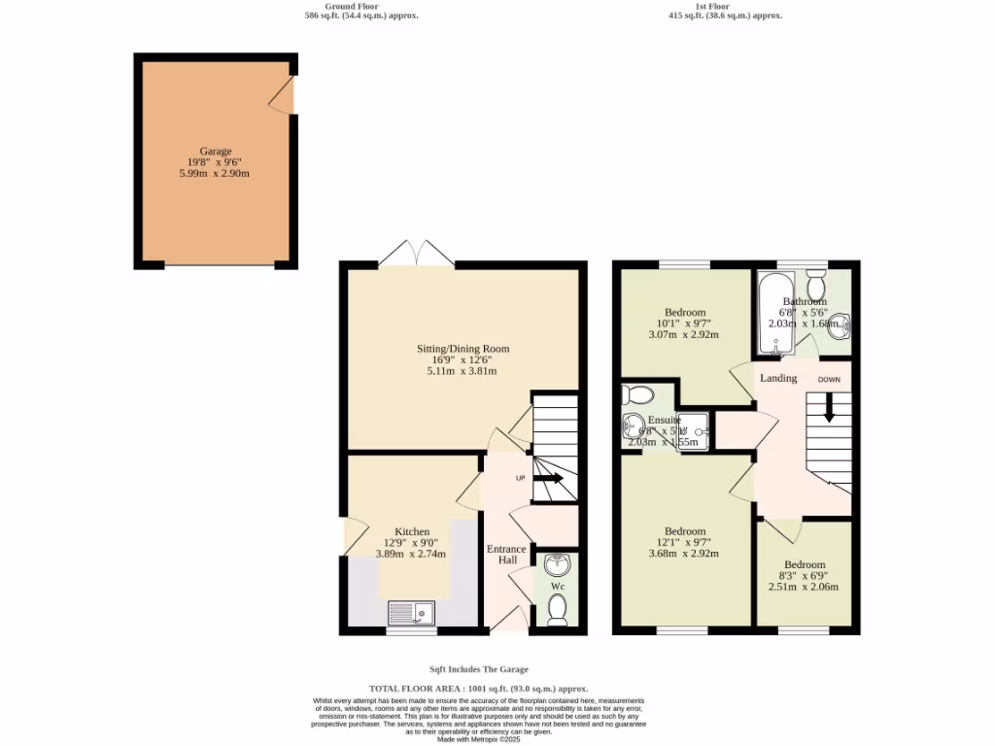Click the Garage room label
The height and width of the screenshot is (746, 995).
pyautogui.click(x=216, y=152)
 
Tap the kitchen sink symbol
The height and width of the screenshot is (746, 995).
pyautogui.click(x=412, y=612)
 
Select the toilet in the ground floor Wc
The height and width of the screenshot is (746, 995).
pyautogui.click(x=557, y=609)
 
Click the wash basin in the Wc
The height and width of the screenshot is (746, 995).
pyautogui.click(x=558, y=565)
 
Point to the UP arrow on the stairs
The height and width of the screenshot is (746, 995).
pyautogui.click(x=548, y=478)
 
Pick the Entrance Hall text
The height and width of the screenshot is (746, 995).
pyautogui.click(x=506, y=555)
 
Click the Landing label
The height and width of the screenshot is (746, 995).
pyautogui.click(x=778, y=378)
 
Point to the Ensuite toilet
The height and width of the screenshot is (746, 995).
pyautogui.click(x=639, y=394)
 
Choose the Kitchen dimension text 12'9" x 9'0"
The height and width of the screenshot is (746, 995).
pyautogui.click(x=411, y=543)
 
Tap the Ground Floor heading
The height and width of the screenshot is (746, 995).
pyautogui.click(x=360, y=6)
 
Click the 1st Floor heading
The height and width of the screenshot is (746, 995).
pyautogui.click(x=712, y=6)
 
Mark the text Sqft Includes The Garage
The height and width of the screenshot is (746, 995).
pyautogui.click(x=479, y=669)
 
